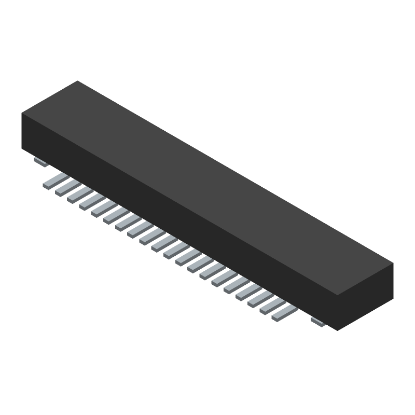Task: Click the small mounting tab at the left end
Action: (41, 162)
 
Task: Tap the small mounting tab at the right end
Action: (318, 322)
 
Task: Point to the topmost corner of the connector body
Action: (78, 81)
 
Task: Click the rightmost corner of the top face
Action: (393, 263)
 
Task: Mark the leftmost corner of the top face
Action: (22, 113)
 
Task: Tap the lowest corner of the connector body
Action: (338, 330)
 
